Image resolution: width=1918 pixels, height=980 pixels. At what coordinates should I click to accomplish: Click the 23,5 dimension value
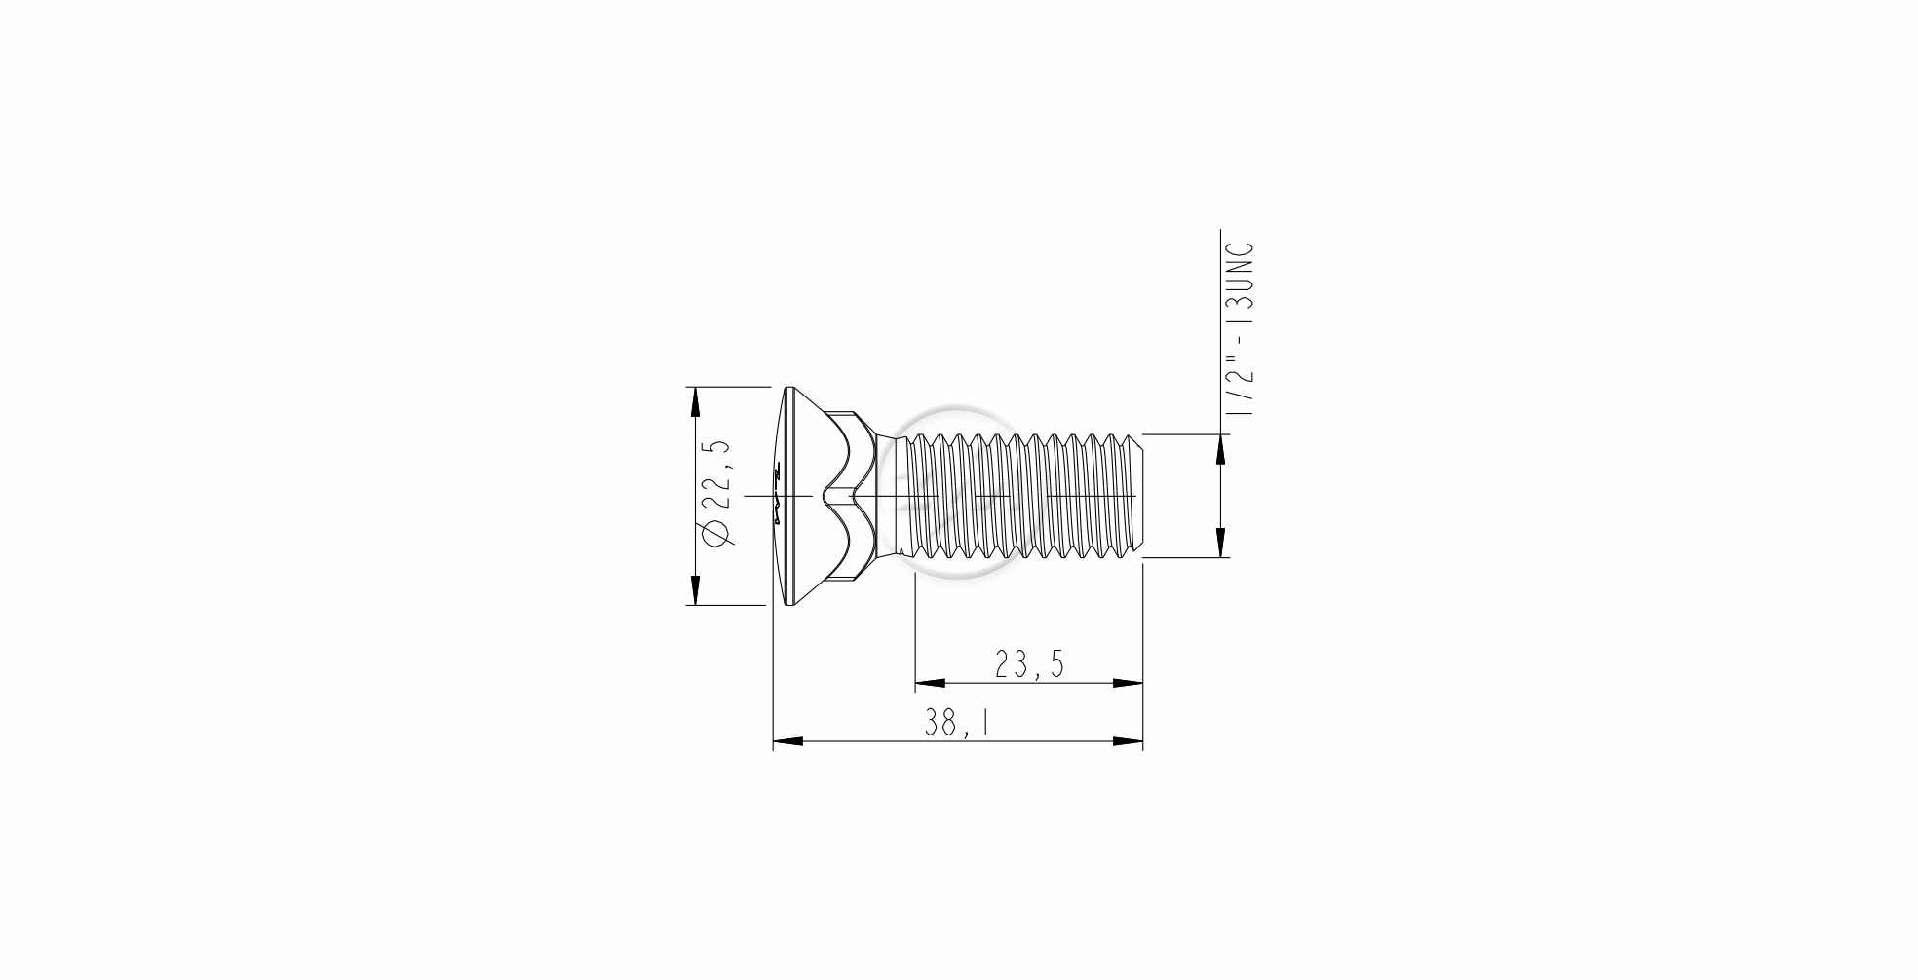click(1029, 664)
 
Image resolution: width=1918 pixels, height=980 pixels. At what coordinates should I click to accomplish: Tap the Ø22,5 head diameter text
click(716, 495)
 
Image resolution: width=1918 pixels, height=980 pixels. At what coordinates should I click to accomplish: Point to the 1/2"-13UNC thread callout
click(1240, 331)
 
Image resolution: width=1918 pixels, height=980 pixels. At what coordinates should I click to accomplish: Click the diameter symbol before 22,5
click(716, 536)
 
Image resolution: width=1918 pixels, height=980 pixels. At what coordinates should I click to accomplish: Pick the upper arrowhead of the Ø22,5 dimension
click(694, 401)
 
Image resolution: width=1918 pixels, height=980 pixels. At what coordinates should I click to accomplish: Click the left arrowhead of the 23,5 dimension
click(931, 683)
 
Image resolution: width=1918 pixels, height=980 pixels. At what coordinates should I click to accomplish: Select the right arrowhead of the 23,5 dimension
click(1128, 683)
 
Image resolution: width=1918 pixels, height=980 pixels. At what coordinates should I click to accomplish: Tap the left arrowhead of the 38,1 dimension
click(787, 742)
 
